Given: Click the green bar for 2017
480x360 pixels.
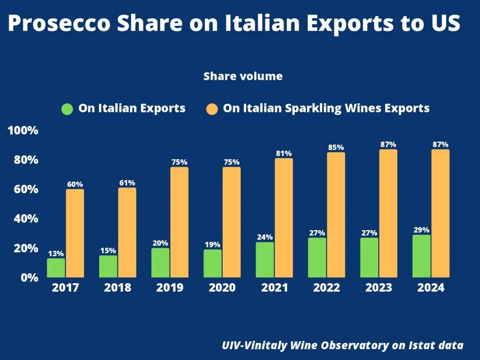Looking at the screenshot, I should point(56,268).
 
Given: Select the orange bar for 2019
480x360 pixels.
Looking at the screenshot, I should point(179,222).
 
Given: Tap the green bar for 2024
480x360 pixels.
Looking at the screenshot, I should point(421,256).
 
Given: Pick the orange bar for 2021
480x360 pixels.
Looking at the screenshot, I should point(284,217).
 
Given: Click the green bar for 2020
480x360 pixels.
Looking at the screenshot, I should point(213,263).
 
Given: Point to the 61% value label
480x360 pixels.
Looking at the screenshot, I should point(127,182).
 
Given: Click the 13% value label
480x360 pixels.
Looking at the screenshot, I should point(56,254).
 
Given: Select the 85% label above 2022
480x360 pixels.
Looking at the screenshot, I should point(336,147).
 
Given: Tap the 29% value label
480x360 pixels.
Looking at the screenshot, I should point(421,230).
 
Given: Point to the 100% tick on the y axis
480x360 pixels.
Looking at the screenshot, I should point(23,130).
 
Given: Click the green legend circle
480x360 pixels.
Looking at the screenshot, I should point(67,109).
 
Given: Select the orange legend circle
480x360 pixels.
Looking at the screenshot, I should point(211,109).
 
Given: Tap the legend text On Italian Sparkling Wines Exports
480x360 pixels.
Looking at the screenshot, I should point(326,108).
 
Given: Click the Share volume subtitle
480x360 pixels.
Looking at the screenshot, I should point(243,76).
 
